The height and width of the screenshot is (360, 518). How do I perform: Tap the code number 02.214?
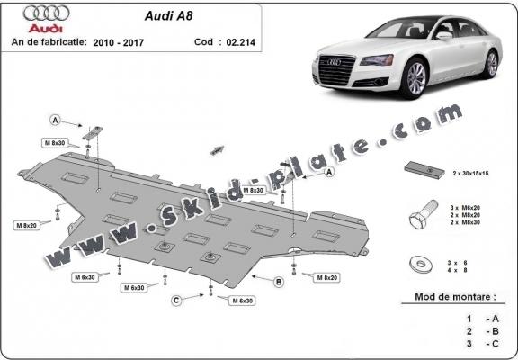239,40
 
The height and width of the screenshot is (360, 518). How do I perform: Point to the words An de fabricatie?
49,40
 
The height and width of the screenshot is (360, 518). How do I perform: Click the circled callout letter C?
176,299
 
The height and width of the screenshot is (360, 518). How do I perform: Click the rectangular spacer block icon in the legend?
418,169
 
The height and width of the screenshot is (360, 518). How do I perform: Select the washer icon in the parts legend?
418,264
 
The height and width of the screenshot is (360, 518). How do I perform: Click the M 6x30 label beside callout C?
242,299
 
